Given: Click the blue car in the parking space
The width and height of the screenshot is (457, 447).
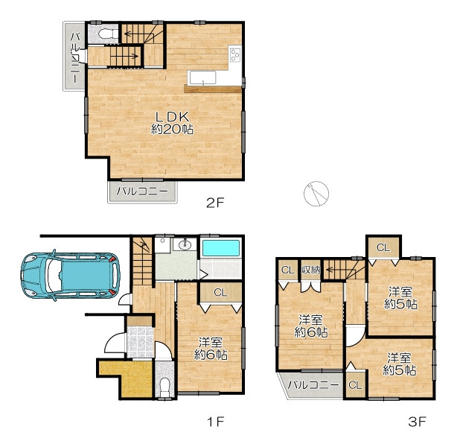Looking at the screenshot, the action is (70, 276).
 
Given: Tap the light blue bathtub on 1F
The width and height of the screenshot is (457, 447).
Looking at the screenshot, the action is (221, 248).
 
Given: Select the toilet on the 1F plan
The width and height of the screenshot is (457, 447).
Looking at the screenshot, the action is (165, 386).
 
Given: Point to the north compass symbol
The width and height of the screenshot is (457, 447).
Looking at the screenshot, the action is (316, 194).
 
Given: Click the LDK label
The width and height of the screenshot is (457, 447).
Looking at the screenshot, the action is (172, 117).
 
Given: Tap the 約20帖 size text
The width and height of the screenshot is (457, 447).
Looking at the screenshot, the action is (172, 129).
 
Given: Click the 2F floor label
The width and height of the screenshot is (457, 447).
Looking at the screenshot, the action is (215, 203).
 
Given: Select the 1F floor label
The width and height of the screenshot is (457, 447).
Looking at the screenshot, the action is (216, 422).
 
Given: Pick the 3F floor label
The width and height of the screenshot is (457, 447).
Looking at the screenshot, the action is (417, 422).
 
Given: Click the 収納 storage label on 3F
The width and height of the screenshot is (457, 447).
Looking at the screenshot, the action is (310, 270).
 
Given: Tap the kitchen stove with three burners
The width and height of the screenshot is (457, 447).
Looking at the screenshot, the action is (235, 55).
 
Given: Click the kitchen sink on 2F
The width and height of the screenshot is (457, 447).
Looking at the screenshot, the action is (203, 77).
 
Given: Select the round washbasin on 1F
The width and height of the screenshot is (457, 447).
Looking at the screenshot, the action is (185, 245).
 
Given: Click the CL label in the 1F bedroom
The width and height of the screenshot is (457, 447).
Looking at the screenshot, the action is (220, 292).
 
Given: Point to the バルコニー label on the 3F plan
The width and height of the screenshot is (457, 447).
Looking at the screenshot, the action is (313, 385).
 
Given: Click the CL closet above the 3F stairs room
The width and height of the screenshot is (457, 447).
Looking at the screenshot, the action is (383, 248).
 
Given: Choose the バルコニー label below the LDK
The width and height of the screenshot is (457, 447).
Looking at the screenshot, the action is (142, 191).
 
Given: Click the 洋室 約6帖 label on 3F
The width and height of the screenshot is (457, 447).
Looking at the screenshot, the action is (310, 326).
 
